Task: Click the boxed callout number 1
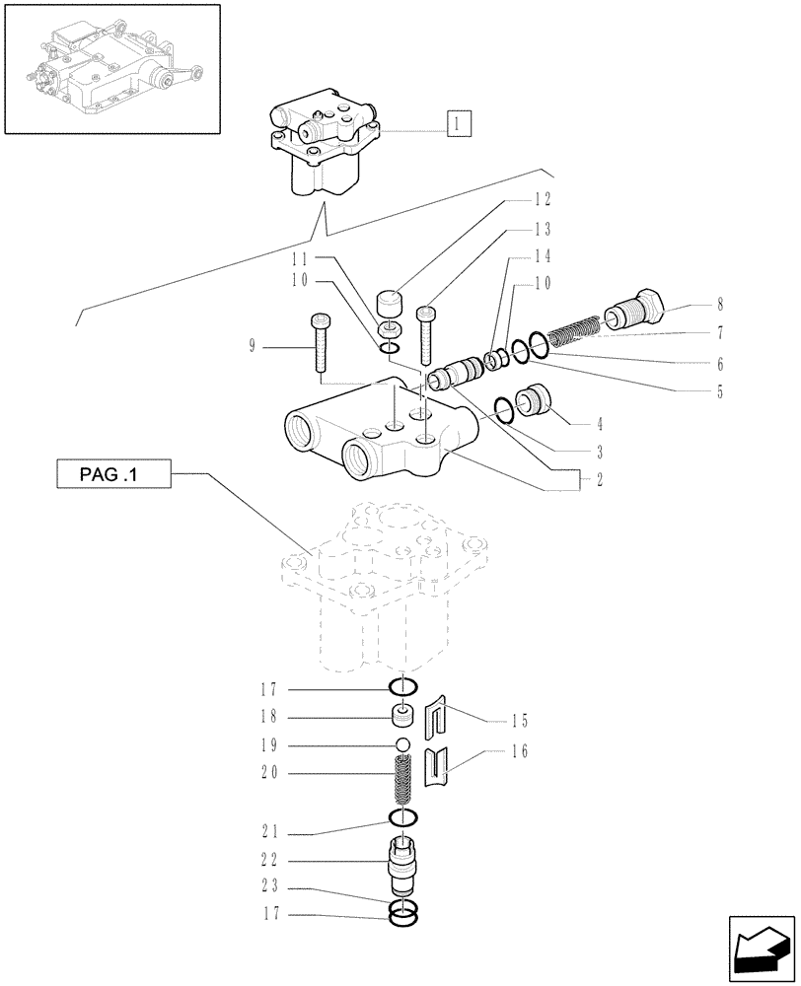[459, 124]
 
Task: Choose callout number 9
[252, 346]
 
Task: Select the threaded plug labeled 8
[635, 310]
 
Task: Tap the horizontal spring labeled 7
[573, 329]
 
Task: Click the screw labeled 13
[425, 335]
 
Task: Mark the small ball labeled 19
[402, 743]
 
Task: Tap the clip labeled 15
[437, 722]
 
